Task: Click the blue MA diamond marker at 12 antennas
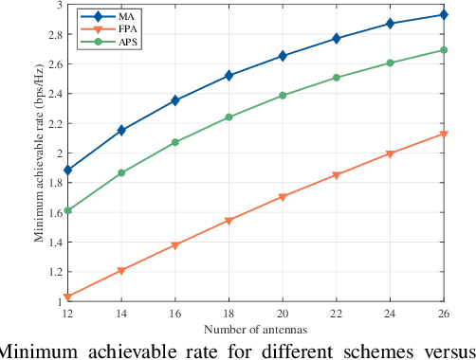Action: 66,171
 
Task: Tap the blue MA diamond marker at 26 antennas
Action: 444,15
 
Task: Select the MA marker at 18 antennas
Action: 229,76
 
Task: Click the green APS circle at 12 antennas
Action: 66,210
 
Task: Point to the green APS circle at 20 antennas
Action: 283,96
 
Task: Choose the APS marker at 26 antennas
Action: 444,50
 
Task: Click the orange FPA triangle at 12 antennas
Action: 66,297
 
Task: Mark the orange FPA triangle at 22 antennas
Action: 337,175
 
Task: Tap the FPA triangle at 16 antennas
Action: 174,245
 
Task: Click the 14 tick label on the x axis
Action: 120,314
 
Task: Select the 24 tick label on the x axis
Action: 390,314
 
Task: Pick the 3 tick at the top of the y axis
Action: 59,5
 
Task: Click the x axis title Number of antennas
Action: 255,329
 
